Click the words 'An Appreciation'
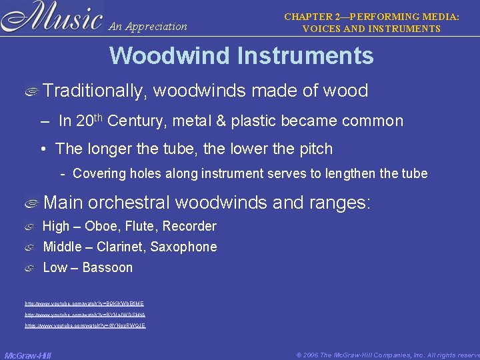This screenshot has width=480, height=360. coord(147,27)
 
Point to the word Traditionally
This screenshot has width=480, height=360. coord(94,91)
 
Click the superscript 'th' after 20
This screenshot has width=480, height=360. coord(99,117)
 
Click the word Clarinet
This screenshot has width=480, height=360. coord(119,247)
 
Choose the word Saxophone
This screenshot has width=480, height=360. coord(183,247)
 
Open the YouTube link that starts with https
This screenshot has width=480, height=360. coord(85,325)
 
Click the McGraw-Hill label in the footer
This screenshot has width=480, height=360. coord(28,355)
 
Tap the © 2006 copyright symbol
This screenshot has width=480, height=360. coord(299,355)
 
